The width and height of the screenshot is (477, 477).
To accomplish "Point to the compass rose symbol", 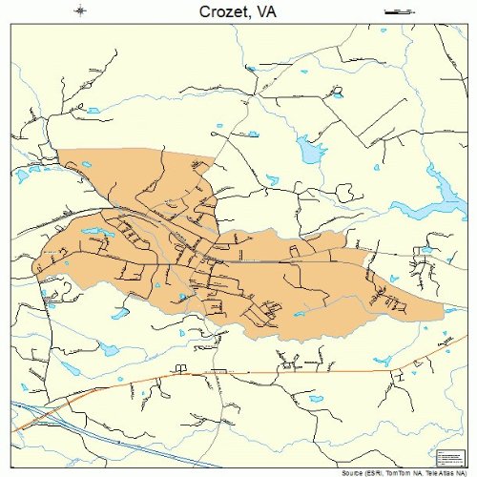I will pos(80,11).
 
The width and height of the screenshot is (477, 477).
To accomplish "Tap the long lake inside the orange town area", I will pos(94,233).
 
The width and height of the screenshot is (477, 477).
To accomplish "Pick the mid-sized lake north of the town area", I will pos(310,150).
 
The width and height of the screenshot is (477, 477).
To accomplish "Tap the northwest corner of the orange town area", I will pos(58,151).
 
